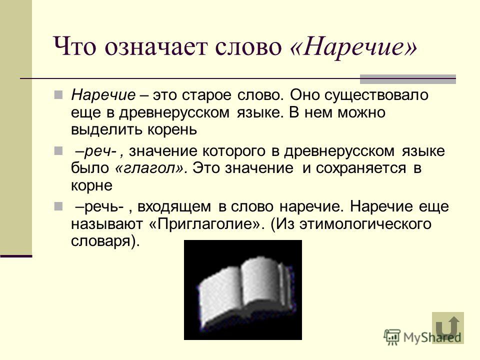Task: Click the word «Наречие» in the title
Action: (353, 46)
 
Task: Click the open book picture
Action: (243, 290)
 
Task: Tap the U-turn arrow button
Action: (448, 327)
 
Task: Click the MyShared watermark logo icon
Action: (392, 337)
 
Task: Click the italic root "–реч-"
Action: (98, 151)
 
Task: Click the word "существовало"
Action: (376, 95)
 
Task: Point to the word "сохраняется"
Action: (361, 168)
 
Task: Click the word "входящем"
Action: (174, 206)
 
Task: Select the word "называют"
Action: (107, 224)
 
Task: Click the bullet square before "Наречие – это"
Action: (58, 95)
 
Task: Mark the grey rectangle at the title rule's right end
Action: (408, 79)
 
